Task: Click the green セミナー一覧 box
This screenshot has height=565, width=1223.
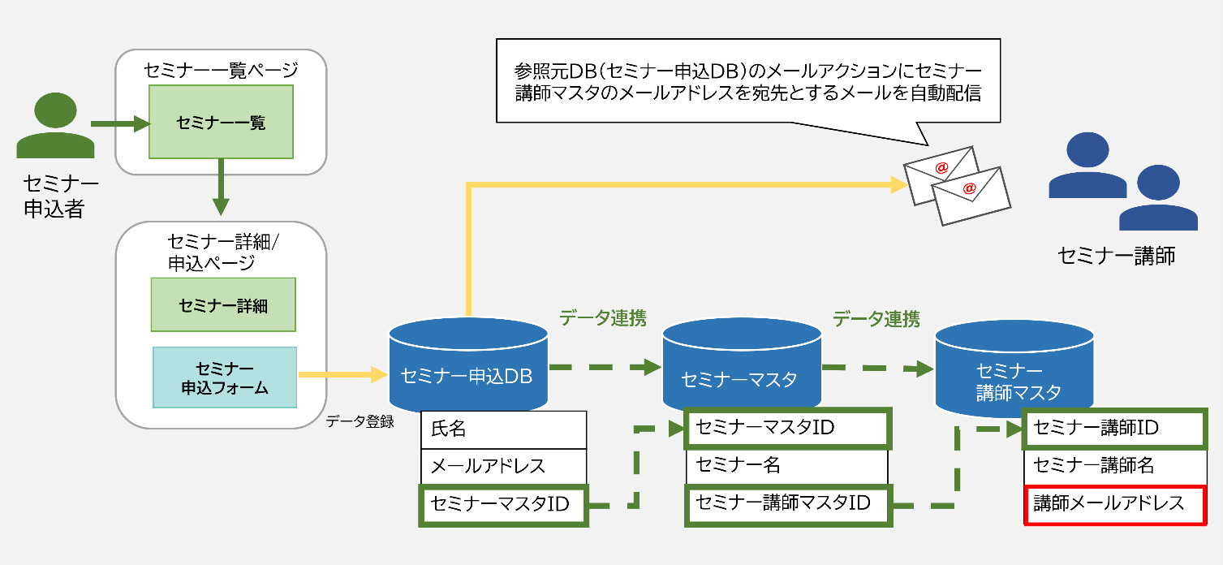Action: [221, 123]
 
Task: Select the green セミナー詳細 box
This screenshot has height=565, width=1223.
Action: [223, 306]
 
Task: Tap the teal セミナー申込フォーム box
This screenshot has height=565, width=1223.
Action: [225, 377]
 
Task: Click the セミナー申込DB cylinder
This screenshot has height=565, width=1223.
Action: [467, 365]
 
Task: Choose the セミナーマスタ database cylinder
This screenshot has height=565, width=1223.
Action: [741, 367]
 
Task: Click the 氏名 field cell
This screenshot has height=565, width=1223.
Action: [503, 429]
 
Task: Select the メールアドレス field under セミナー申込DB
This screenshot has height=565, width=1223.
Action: [503, 466]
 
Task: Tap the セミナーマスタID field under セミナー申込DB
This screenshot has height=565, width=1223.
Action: [503, 504]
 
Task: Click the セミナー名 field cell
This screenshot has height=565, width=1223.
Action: [786, 465]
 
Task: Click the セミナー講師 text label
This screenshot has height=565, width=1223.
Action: [1116, 256]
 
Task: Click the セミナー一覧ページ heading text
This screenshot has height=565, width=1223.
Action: [221, 71]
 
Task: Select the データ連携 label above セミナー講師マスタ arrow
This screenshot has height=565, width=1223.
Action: [876, 319]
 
